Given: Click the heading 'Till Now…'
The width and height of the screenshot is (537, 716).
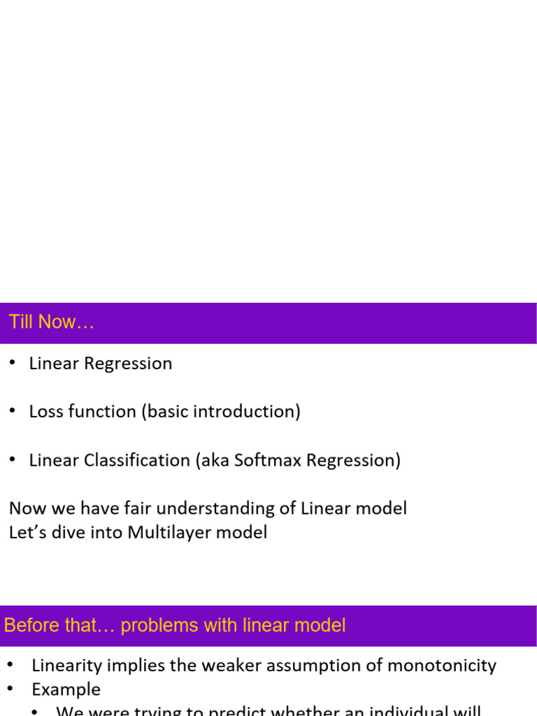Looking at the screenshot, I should coord(51,322).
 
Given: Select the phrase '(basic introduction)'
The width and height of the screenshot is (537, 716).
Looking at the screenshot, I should coord(221,411).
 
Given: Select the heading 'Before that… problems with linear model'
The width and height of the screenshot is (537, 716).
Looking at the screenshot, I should coord(175,625).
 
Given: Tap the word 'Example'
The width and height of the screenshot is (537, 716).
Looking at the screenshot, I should coord(66,689).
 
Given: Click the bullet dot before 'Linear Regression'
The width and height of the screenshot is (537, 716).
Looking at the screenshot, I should coord(13,363).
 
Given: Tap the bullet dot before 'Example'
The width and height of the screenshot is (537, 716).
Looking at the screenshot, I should coord(13,689).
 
